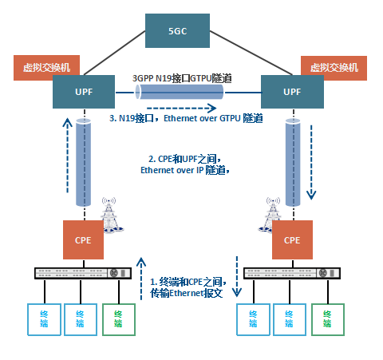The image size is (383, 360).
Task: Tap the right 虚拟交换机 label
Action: pyautogui.click(x=333, y=68)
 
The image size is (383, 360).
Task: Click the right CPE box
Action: pyautogui.click(x=292, y=239)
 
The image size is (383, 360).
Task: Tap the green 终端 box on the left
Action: pyautogui.click(x=118, y=318)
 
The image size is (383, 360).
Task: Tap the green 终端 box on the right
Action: pyautogui.click(x=328, y=318)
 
